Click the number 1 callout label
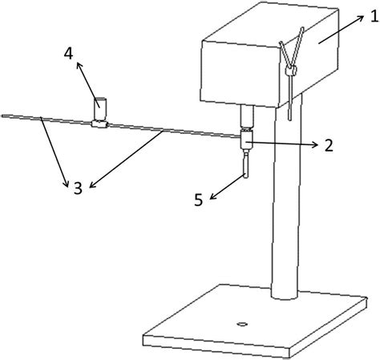(374, 17)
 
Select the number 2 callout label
(329, 146)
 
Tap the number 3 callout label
(78, 188)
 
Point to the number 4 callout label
(68, 54)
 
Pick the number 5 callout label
(199, 200)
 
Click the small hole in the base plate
(243, 324)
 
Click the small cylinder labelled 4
(100, 109)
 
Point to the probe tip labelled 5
(245, 164)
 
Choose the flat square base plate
(255, 321)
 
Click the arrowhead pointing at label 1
(361, 18)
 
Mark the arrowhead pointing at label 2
(315, 144)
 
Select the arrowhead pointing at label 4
(79, 66)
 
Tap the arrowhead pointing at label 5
(213, 196)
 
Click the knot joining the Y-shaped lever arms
(290, 71)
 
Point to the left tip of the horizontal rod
(2, 116)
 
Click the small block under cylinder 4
(99, 124)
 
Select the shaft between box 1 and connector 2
(246, 116)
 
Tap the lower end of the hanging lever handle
(289, 119)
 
